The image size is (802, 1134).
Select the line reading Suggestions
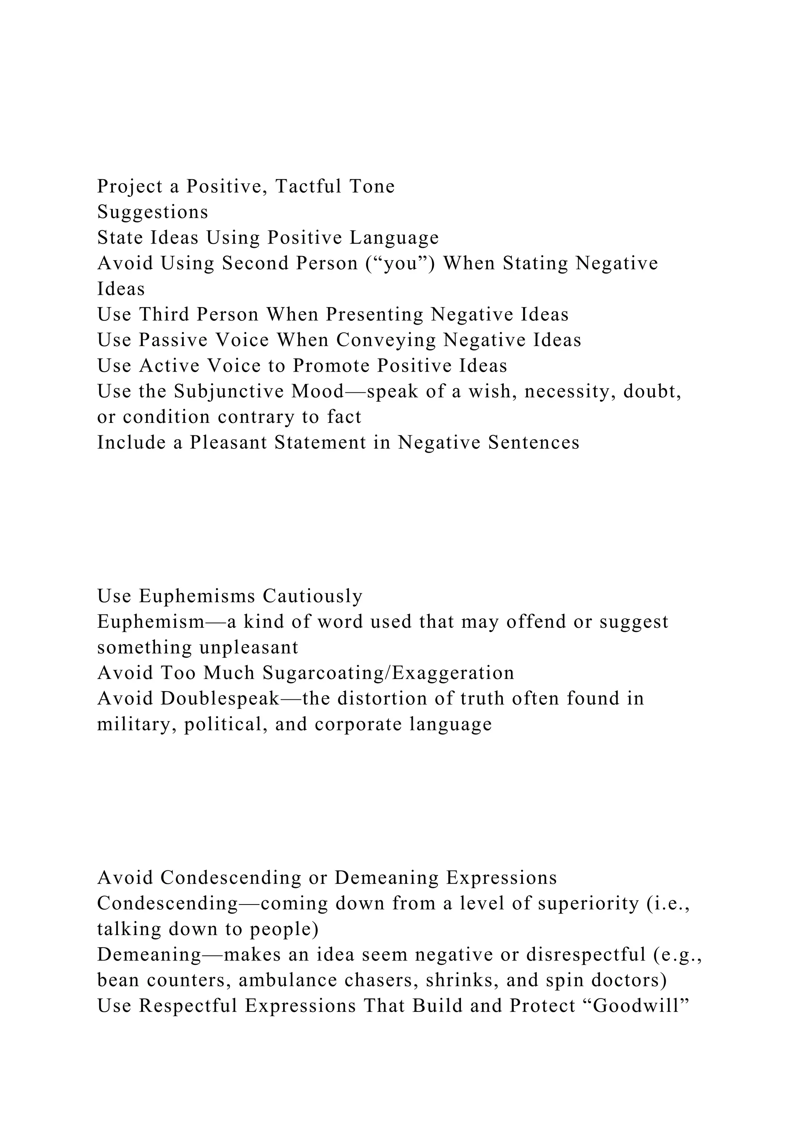pos(153,212)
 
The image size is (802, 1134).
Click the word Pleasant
pos(228,442)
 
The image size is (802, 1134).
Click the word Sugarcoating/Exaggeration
pos(388,673)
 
